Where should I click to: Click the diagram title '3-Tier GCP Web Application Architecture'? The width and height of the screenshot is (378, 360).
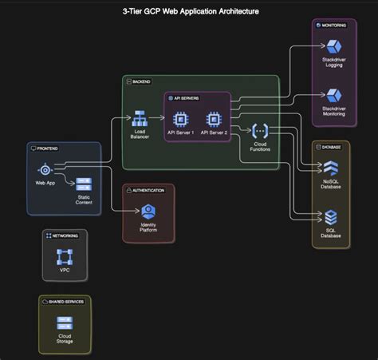tap(189, 11)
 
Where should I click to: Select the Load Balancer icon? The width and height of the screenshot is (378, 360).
tap(140, 120)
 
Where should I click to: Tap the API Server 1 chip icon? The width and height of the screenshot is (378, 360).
tap(181, 120)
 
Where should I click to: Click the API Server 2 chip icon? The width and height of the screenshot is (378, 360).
tap(214, 120)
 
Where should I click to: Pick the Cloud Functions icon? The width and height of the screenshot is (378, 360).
tap(260, 130)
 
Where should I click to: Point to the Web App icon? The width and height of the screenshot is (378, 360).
tap(45, 169)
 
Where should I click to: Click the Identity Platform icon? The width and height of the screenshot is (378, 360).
tap(148, 212)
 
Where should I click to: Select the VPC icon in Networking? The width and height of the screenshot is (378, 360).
tap(65, 257)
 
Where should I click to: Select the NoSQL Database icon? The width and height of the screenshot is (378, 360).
tap(330, 168)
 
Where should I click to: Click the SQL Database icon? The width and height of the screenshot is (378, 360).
tap(330, 216)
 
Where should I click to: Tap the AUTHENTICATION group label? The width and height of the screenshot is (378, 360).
tap(149, 190)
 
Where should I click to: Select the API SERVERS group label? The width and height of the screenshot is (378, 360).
tap(189, 97)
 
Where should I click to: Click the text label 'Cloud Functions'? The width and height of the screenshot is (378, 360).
tap(260, 146)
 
